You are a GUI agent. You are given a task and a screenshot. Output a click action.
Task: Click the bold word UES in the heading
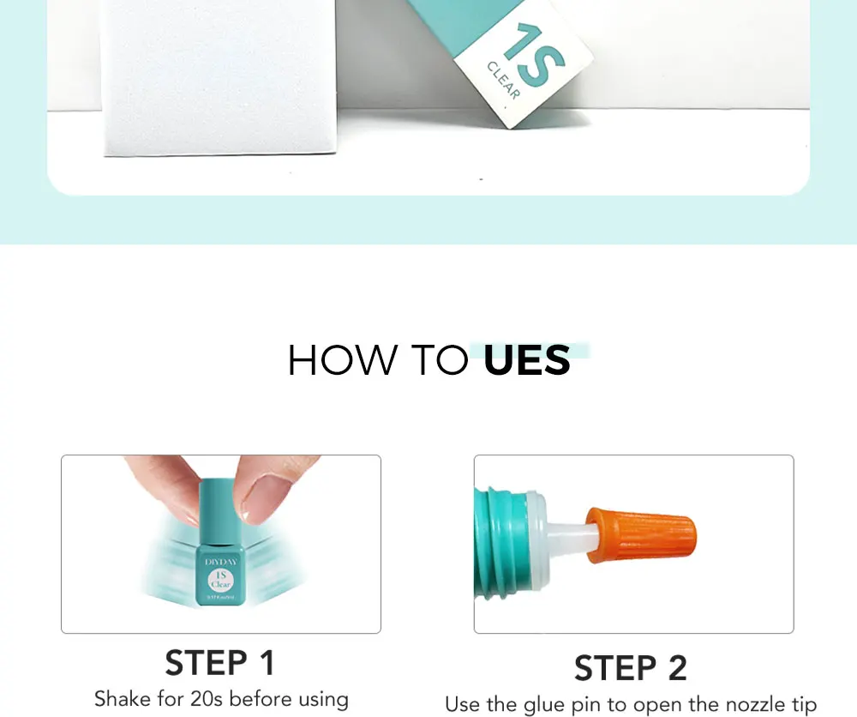point(526,361)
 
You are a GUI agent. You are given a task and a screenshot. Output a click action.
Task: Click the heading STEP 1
point(220,663)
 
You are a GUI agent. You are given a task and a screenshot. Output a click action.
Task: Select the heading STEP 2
point(631,668)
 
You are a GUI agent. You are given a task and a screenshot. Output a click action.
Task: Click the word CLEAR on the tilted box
point(503,81)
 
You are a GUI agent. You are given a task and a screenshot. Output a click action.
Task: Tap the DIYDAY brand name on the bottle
point(220,561)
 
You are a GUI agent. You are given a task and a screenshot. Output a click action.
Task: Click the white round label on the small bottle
point(220,579)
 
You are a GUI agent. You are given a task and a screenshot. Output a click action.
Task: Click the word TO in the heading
point(435,361)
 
